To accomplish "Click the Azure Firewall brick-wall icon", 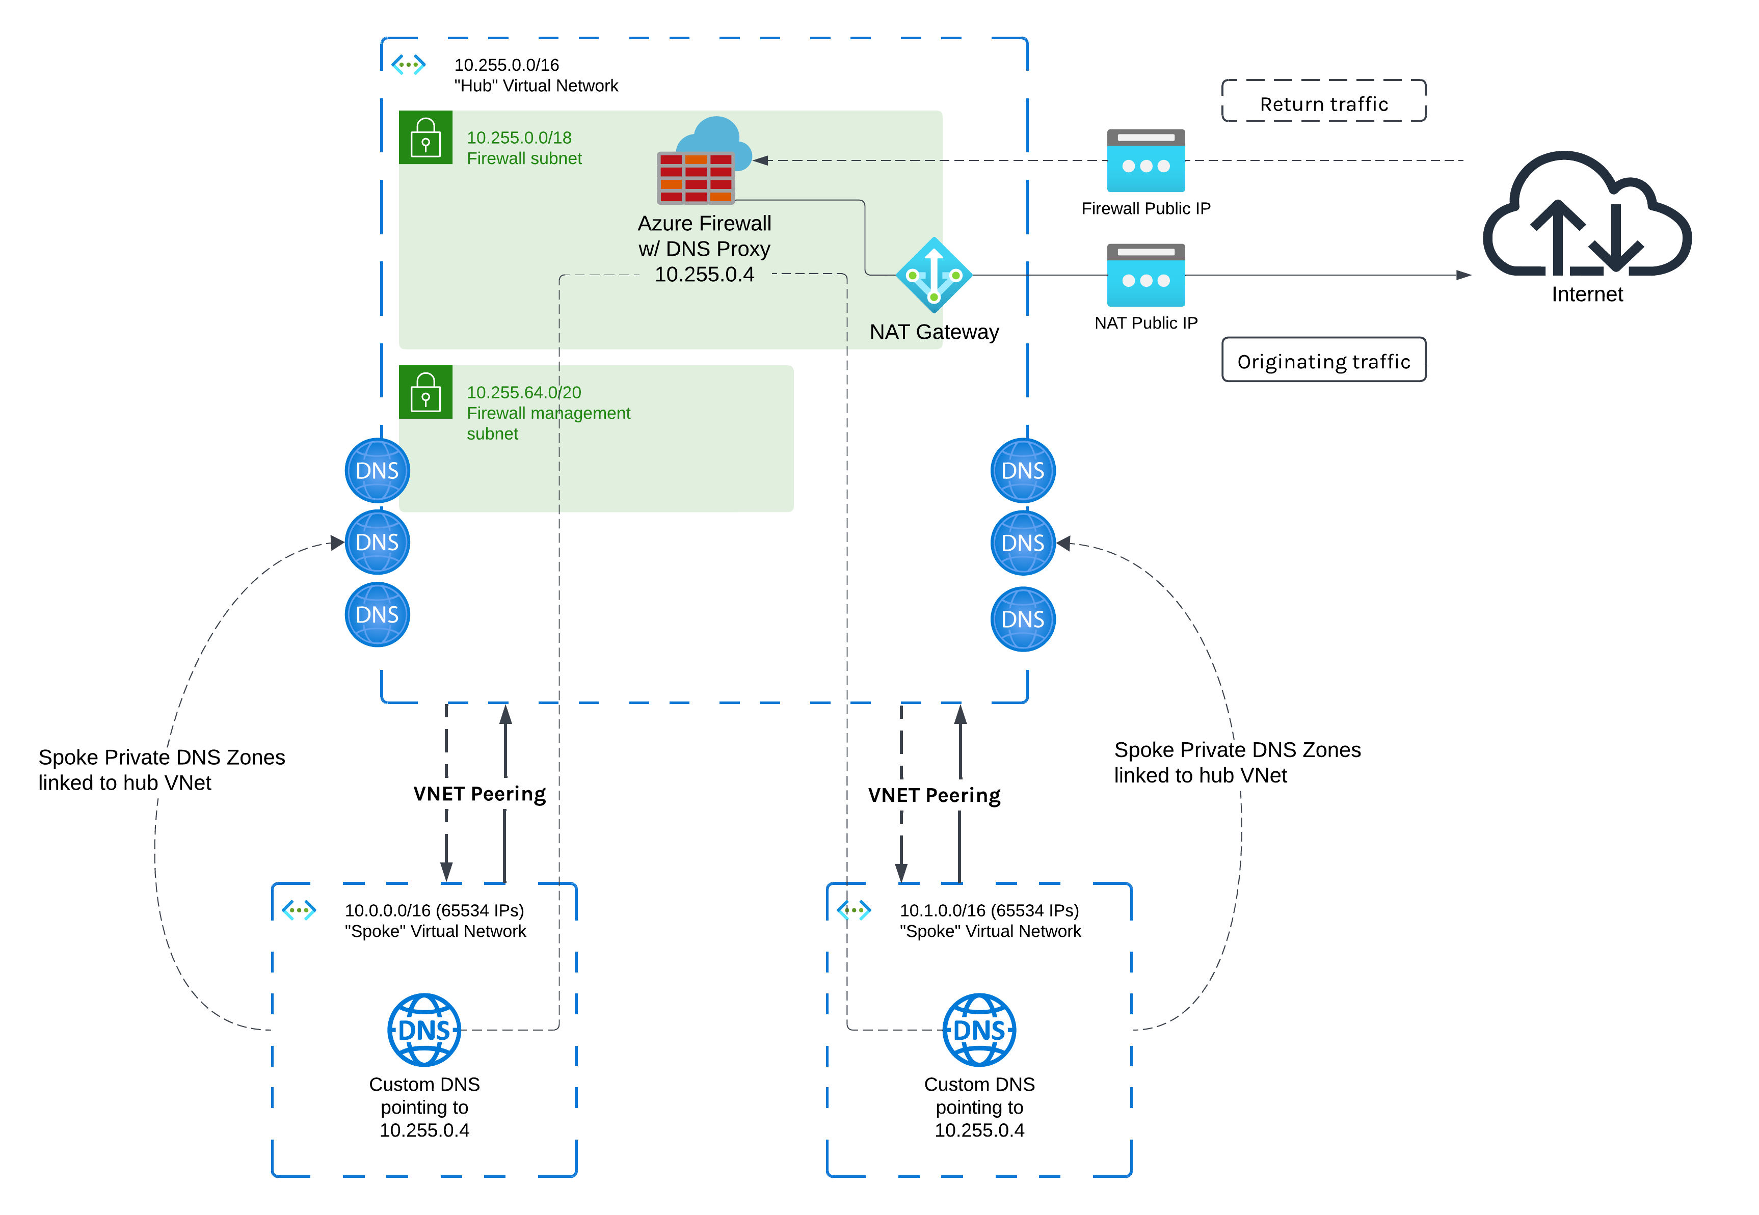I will pos(695,177).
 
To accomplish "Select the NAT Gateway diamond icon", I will pos(934,275).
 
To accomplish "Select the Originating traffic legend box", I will pos(1323,360).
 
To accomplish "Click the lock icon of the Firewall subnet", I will pos(425,138).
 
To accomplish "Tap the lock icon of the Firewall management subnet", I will pos(425,392).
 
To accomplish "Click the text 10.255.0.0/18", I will pos(519,138).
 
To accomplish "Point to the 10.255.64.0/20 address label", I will pos(523,392).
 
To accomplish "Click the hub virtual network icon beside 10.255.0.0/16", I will pos(408,65).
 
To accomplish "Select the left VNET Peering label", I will pos(479,794).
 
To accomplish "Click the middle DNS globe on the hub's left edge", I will pos(377,542).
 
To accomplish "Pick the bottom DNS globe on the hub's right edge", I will pos(1023,619).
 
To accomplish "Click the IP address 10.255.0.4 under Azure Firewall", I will pos(704,274).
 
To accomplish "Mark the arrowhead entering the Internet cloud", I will pos(1463,275).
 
